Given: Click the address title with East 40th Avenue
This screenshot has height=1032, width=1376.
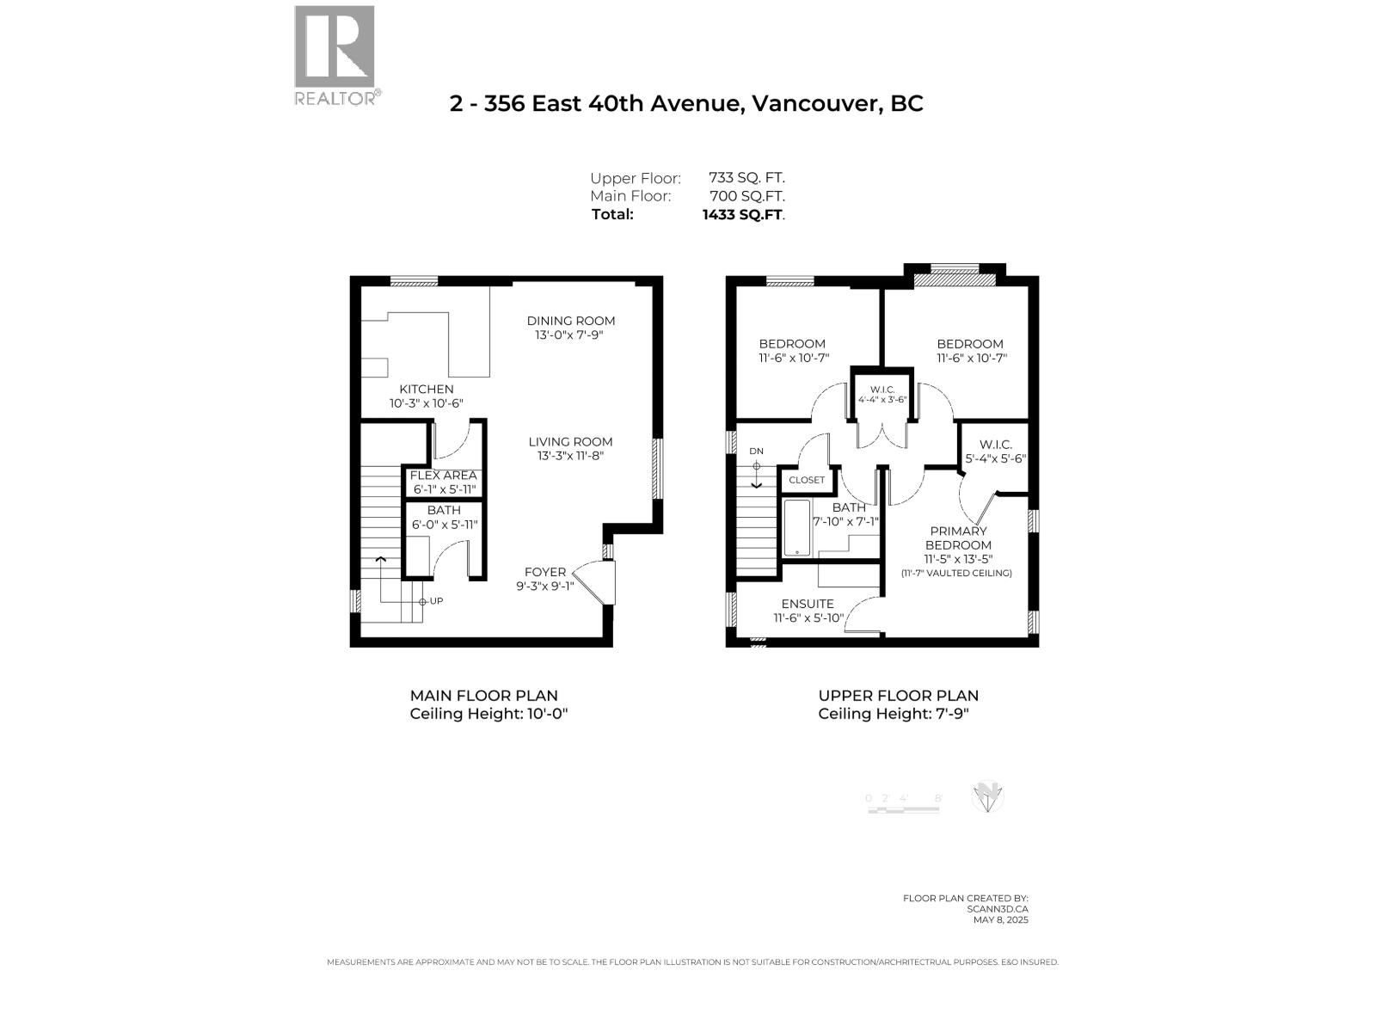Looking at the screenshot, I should [686, 104].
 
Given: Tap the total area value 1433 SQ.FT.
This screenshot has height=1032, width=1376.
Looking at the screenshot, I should [743, 215].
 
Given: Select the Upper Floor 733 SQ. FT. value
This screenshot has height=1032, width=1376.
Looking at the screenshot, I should [746, 178].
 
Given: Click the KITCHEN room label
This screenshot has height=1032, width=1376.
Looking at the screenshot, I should [426, 390].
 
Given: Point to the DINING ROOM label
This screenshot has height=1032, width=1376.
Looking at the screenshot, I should [571, 321].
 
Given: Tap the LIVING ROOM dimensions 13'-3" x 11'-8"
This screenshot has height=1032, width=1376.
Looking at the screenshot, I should [571, 456].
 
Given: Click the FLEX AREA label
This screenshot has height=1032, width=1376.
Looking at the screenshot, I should [443, 476].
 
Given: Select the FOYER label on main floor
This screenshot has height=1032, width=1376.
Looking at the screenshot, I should [545, 572].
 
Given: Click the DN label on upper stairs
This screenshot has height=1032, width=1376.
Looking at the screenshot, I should [756, 451].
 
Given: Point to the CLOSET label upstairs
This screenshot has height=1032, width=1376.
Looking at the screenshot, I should [807, 480].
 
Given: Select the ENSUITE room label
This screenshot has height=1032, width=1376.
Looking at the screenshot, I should [808, 604].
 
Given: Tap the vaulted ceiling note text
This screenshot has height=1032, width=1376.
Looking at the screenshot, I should [956, 573].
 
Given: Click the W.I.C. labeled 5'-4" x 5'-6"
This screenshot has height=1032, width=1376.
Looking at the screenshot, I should [995, 445].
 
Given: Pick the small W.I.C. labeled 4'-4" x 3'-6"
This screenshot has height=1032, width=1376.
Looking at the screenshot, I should [881, 390].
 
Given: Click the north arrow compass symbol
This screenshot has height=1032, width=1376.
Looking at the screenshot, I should [987, 797].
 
